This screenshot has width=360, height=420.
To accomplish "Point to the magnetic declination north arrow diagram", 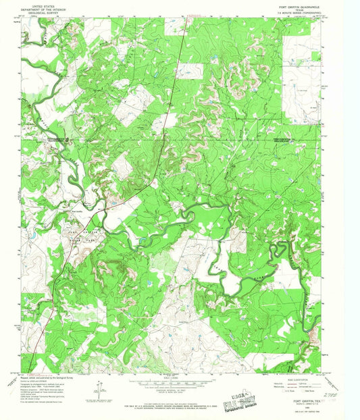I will pyautogui.click(x=100, y=387).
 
